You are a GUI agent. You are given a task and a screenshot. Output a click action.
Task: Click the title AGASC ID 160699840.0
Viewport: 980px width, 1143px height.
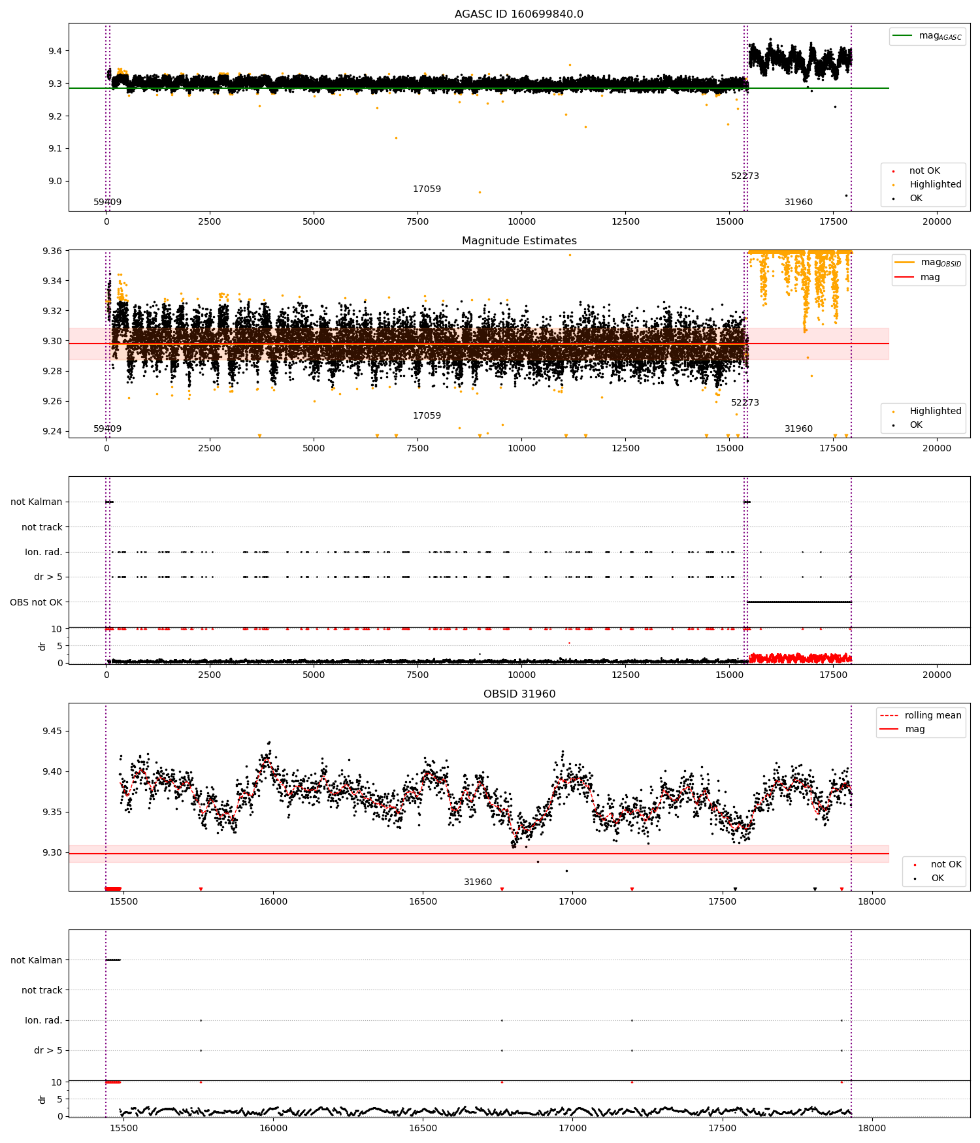click(519, 14)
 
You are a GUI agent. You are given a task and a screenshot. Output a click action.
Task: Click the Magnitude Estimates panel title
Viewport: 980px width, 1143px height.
click(519, 241)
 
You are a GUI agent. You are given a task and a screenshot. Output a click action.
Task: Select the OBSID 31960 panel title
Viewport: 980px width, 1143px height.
click(519, 694)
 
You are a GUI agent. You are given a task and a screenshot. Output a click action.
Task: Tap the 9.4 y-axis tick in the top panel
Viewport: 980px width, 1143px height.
click(54, 51)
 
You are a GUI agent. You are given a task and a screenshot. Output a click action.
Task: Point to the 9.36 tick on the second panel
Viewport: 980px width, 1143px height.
click(52, 251)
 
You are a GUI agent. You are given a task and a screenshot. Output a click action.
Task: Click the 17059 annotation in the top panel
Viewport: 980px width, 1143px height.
click(427, 189)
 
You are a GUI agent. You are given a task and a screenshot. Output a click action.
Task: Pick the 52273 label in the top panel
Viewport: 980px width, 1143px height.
click(745, 176)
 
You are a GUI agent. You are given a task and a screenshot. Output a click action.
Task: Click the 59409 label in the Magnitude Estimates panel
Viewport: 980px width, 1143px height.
click(107, 429)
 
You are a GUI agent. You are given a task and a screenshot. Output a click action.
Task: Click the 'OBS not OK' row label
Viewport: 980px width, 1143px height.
click(36, 602)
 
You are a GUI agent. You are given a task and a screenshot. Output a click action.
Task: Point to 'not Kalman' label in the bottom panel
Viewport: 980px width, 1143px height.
click(36, 960)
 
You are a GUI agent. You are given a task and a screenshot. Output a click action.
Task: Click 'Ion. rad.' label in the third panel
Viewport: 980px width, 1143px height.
click(43, 553)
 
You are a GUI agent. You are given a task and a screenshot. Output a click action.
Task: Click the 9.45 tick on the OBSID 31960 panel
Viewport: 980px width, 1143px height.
click(52, 731)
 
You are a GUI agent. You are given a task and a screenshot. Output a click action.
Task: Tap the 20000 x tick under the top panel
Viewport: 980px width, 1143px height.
click(936, 221)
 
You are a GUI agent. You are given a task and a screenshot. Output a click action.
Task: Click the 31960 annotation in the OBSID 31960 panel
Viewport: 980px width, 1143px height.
click(478, 882)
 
